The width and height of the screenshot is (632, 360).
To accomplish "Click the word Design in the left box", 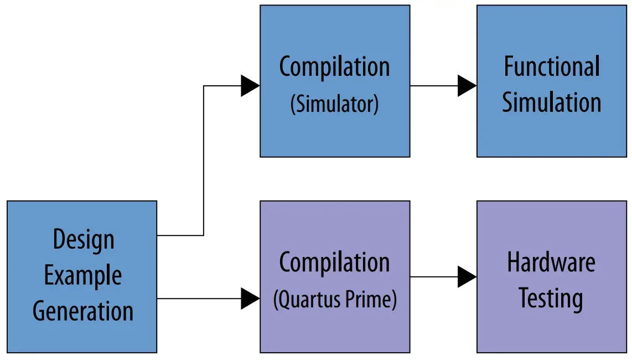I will pyautogui.click(x=84, y=240).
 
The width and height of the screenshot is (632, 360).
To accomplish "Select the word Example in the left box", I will pyautogui.click(x=83, y=275).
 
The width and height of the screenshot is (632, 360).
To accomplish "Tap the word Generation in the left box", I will pyautogui.click(x=83, y=311).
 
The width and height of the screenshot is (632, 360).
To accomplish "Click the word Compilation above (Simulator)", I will pyautogui.click(x=334, y=68).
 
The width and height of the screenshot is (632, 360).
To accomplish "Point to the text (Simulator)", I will pyautogui.click(x=334, y=104).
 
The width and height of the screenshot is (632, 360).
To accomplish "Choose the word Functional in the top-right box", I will pyautogui.click(x=551, y=67).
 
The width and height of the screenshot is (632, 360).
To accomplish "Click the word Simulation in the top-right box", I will pyautogui.click(x=551, y=102).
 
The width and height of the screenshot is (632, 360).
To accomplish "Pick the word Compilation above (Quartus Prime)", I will pyautogui.click(x=334, y=263).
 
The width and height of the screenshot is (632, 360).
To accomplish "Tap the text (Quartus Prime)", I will pyautogui.click(x=335, y=300).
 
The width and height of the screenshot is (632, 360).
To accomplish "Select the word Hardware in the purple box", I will pyautogui.click(x=551, y=262).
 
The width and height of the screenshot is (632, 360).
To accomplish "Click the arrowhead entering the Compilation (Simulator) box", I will pyautogui.click(x=250, y=86).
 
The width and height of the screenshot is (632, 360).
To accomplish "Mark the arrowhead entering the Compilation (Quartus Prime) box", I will pyautogui.click(x=250, y=299).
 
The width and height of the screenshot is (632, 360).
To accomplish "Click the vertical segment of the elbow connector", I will pyautogui.click(x=204, y=161).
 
